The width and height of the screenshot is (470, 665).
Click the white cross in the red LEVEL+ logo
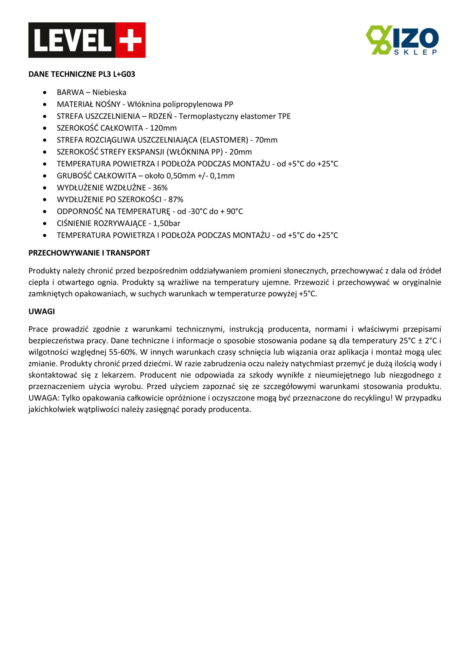point(131,40)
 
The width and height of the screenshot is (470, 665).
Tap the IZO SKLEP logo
point(402,40)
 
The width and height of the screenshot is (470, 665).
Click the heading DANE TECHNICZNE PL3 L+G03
point(81,75)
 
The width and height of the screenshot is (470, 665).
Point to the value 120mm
point(163,128)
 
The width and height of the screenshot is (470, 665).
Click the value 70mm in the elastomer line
point(266,140)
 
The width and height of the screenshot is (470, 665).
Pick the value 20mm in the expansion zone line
point(241,152)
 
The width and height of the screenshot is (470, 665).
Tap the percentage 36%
point(160,188)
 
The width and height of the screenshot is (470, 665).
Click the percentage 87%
point(176,199)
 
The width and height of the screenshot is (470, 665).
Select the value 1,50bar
point(167,223)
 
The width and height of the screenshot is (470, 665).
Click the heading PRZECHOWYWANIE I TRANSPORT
point(89,253)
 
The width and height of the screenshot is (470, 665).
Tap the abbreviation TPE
point(284,116)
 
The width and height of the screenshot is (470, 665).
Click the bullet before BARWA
point(44,93)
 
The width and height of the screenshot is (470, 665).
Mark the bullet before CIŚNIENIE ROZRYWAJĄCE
point(44,224)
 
